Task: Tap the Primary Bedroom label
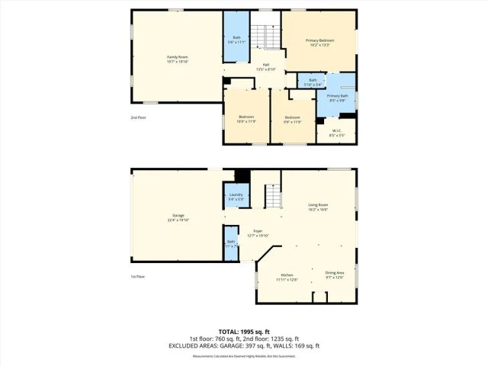click(320, 41)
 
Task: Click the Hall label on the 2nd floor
click(266, 66)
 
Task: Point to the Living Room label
click(318, 206)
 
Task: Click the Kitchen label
click(287, 275)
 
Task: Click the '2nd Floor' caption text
click(138, 117)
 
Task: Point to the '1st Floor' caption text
click(137, 277)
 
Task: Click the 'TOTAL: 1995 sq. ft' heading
click(244, 332)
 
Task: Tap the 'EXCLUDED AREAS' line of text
click(244, 345)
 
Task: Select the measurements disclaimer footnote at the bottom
click(244, 355)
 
